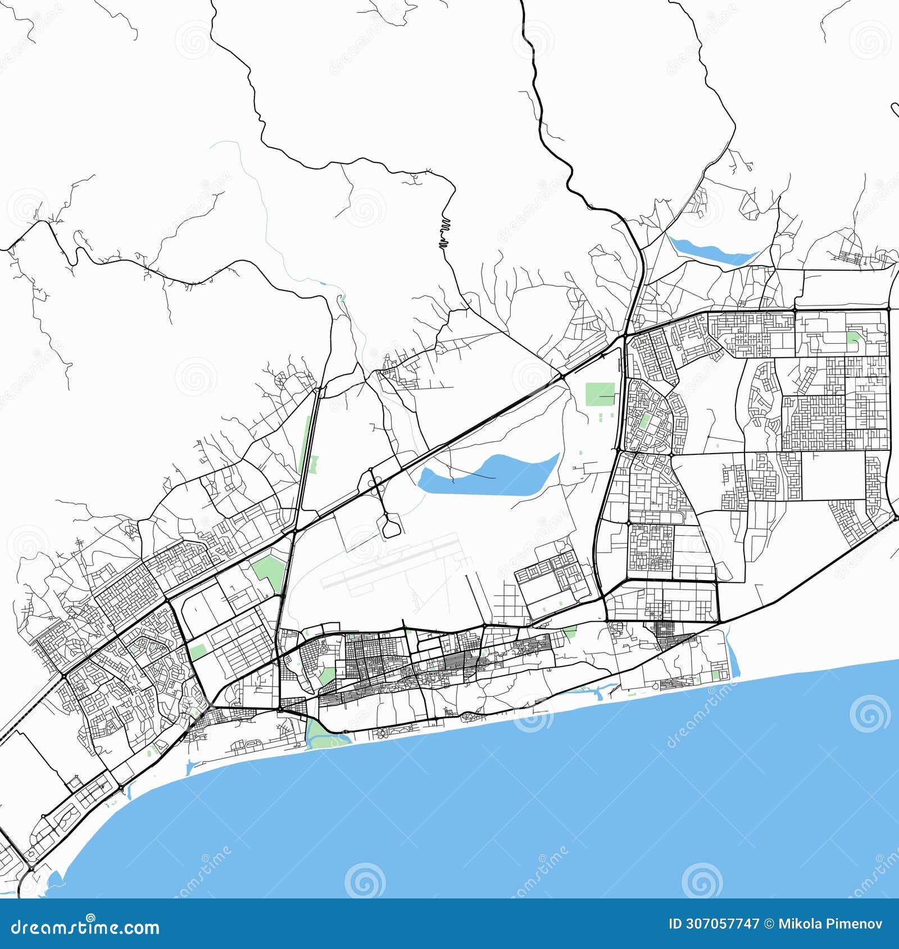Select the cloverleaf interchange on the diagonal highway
coord(375,481)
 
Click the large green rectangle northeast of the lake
coord(600,394)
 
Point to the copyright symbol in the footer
coord(769,924)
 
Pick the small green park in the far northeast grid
coord(853,337)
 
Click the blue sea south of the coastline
coord(506,814)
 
